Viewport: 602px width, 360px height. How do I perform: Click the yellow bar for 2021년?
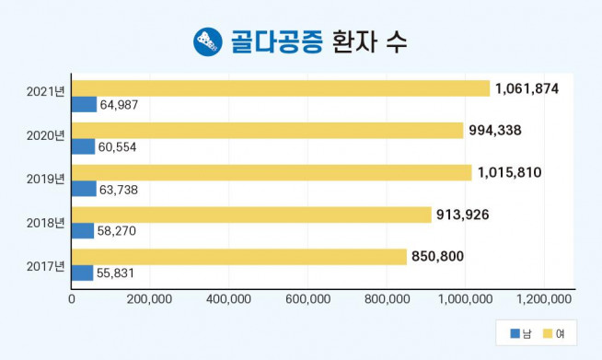(x=281, y=88)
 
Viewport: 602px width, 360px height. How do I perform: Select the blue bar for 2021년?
(x=84, y=104)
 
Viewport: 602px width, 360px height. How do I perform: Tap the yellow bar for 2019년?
(x=272, y=172)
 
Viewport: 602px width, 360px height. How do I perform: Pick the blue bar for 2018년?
(x=83, y=230)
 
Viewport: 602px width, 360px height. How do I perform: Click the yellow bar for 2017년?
(x=239, y=257)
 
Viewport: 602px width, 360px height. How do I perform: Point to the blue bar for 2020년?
(x=83, y=146)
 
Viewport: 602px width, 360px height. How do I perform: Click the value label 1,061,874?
(x=527, y=88)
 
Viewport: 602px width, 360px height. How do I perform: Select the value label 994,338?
(x=495, y=130)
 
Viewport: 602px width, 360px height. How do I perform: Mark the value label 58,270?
(x=118, y=231)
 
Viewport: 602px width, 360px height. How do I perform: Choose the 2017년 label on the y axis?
(x=46, y=266)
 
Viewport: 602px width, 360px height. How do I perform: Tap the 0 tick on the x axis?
(x=72, y=298)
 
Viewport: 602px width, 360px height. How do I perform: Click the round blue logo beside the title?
(x=207, y=41)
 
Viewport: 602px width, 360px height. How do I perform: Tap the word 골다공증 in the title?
(x=274, y=41)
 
